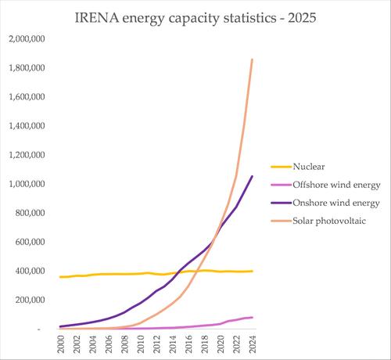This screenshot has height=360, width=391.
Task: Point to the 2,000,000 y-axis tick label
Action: click(x=27, y=39)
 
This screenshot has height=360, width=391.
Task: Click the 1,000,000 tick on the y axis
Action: click(x=27, y=184)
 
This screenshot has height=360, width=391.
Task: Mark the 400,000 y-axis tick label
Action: click(x=30, y=271)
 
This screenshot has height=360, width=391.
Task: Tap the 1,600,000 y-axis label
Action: click(x=27, y=97)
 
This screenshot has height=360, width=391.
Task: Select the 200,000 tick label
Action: click(x=30, y=300)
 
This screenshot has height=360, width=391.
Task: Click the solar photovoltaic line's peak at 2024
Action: click(x=253, y=59)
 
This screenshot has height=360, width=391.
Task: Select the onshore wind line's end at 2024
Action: click(x=253, y=176)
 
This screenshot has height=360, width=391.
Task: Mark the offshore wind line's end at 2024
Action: click(x=253, y=317)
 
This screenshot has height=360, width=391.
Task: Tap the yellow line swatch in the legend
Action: click(x=279, y=166)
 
